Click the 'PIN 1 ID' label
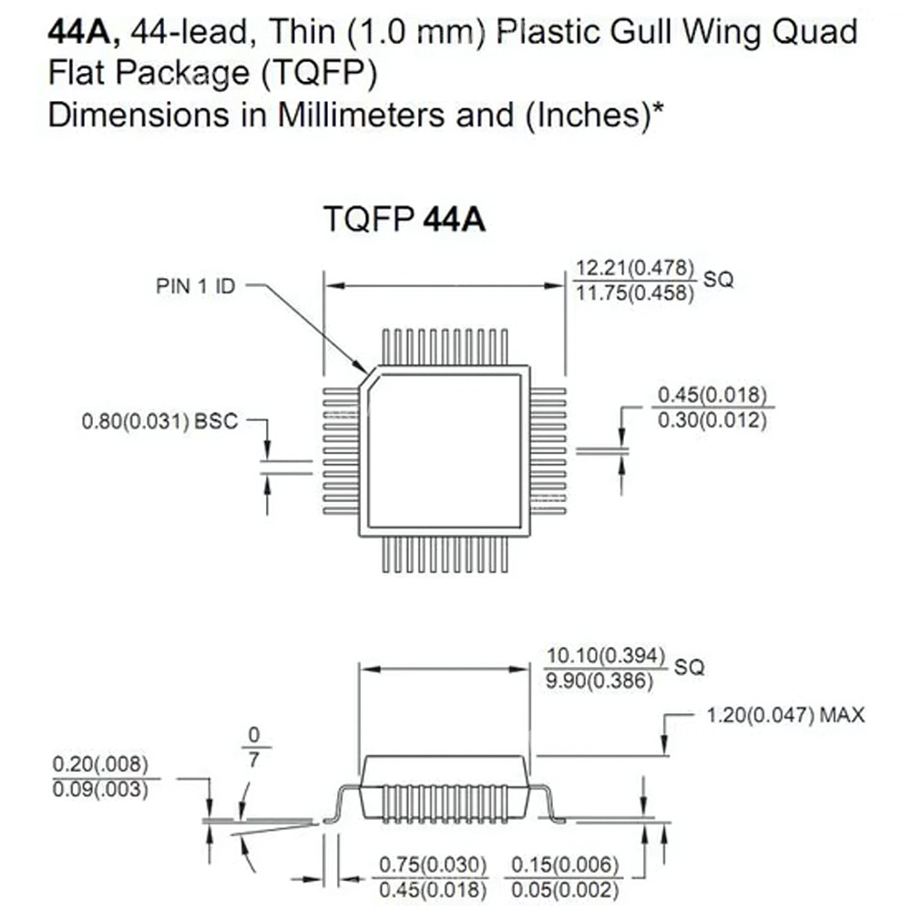[194, 286]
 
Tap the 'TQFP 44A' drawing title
[404, 220]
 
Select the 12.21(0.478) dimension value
[634, 269]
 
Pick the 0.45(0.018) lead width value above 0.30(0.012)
[711, 396]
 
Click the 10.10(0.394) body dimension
[606, 656]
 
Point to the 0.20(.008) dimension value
[100, 763]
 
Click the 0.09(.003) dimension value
[100, 788]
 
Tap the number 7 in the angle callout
[253, 758]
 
